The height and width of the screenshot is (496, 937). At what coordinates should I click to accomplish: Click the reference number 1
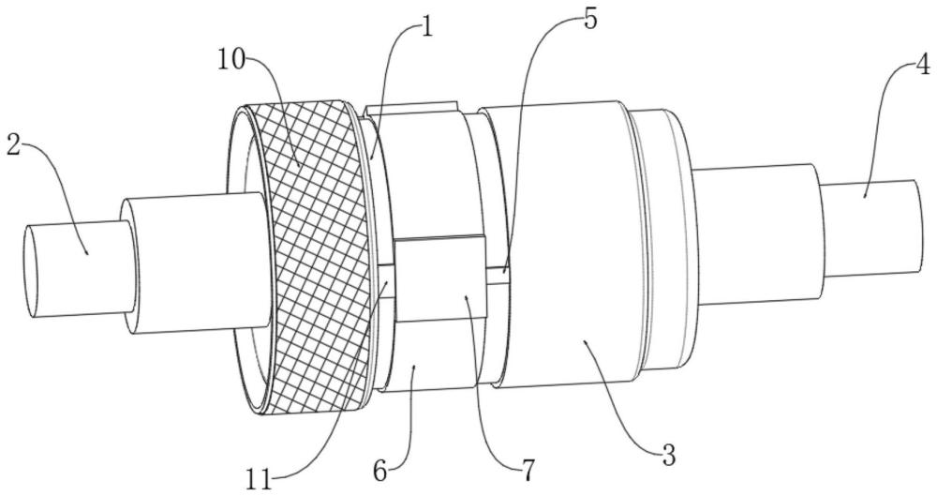click(x=426, y=26)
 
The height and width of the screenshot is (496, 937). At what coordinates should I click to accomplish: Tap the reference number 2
click(x=12, y=145)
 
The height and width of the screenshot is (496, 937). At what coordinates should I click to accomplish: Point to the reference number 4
click(x=922, y=67)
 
